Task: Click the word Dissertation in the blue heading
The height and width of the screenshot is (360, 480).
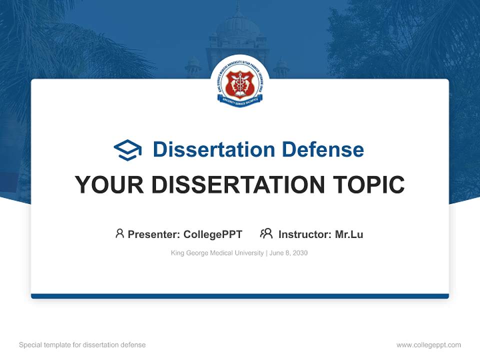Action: point(213,149)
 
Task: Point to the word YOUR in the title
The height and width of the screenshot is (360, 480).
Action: point(109,185)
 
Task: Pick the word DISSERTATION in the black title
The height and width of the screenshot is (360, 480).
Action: point(239,185)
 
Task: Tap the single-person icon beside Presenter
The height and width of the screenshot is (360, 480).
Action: point(119,233)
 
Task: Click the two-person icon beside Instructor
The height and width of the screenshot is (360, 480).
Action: point(266,233)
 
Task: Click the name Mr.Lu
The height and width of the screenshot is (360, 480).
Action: point(349,234)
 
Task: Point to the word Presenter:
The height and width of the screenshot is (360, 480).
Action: point(154,234)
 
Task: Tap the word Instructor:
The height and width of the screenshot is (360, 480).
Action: point(305,234)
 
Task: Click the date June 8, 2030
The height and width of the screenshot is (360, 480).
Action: point(288,253)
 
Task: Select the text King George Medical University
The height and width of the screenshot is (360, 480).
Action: point(217,253)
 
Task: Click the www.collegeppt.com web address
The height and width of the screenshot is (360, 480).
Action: point(428,345)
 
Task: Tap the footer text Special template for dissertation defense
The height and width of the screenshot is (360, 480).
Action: point(82,345)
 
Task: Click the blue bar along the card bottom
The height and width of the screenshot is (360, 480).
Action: point(239,296)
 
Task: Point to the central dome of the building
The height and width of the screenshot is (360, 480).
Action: point(238,22)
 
